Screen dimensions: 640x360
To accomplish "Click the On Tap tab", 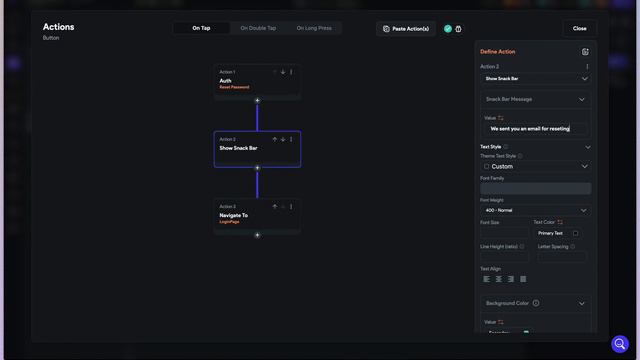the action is [x=201, y=28].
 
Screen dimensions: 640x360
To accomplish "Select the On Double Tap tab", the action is [x=259, y=28].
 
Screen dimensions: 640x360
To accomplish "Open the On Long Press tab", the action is [x=314, y=28].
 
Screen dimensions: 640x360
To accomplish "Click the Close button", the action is [x=580, y=28].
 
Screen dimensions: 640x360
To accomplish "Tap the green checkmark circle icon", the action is [x=448, y=29].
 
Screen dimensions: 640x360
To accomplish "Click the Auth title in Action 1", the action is [x=226, y=81].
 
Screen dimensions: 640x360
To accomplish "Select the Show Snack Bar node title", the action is [x=238, y=148].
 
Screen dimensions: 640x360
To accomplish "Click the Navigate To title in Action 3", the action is [x=234, y=215].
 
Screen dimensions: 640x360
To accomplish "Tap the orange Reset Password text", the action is [x=234, y=87].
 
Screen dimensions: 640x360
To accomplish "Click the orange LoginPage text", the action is [x=230, y=221].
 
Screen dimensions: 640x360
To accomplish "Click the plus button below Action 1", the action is [x=257, y=100].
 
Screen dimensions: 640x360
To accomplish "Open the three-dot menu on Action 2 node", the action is [x=291, y=139].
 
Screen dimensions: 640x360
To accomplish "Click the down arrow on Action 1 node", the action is [x=283, y=72].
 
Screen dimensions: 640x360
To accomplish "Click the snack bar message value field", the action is [x=535, y=129].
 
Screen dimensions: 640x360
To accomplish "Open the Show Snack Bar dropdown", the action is [x=535, y=78].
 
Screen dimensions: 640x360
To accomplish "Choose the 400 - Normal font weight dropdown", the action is [x=535, y=211].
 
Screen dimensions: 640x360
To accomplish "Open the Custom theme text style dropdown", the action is [x=535, y=166].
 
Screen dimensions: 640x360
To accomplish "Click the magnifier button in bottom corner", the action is [x=620, y=343].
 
